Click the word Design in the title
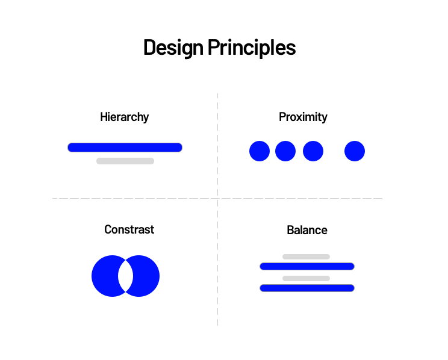click(173, 48)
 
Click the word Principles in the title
click(252, 48)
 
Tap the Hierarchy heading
click(124, 117)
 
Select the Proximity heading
click(303, 117)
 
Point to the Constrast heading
click(129, 229)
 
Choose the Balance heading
click(307, 230)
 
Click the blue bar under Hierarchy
click(125, 147)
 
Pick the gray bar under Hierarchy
click(125, 161)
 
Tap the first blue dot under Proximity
click(260, 151)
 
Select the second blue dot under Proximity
click(285, 151)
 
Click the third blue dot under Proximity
click(313, 151)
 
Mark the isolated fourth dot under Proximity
click(355, 151)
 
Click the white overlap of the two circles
click(125, 276)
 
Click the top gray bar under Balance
click(306, 257)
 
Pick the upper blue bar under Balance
click(307, 267)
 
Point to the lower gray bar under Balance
click(306, 278)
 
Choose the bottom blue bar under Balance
click(307, 288)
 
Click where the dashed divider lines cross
click(218, 198)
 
